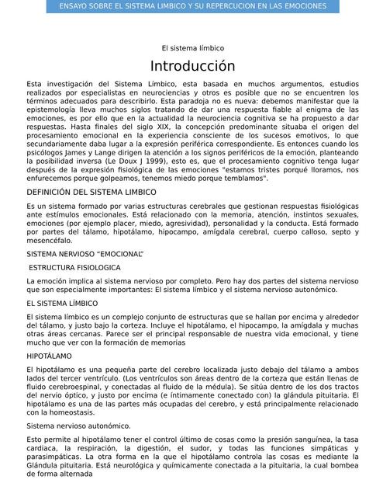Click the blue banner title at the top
[191, 6]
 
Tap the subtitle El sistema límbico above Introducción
[191, 48]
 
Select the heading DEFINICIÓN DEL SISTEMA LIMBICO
[91, 191]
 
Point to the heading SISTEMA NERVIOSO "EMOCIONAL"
[85, 254]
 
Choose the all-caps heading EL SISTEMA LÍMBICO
[62, 304]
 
